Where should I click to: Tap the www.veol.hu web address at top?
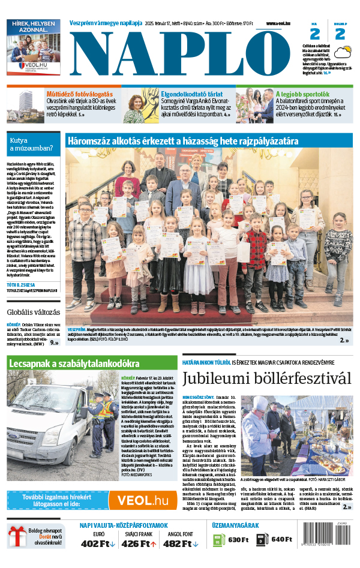279,23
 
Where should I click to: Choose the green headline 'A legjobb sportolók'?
302,94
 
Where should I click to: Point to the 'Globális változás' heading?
34,312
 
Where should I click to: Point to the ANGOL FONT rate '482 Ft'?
181,543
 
